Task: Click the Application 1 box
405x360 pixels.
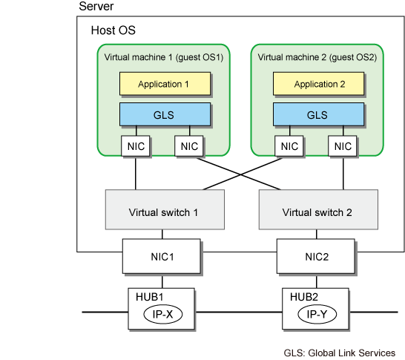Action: (x=165, y=84)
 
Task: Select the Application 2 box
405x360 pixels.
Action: (x=318, y=84)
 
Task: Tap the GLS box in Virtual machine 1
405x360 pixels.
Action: (x=165, y=114)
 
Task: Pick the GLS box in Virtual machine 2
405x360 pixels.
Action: (x=318, y=114)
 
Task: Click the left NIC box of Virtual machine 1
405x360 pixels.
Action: (x=136, y=146)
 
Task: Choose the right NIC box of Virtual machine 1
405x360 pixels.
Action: (x=189, y=146)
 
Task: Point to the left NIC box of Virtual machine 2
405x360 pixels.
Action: (x=289, y=146)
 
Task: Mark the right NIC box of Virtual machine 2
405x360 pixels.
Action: (x=343, y=146)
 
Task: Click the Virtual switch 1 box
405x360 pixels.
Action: (x=165, y=209)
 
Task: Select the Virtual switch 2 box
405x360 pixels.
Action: (x=318, y=209)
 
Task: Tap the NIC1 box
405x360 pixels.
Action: (x=162, y=256)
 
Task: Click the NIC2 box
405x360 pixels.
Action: (x=316, y=256)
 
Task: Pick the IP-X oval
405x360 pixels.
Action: (x=163, y=314)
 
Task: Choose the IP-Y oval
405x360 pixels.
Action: (x=317, y=314)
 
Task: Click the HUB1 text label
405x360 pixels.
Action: (x=150, y=297)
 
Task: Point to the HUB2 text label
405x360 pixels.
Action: (x=304, y=297)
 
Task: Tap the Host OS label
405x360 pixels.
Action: (x=113, y=30)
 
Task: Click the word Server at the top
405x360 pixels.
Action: (x=96, y=6)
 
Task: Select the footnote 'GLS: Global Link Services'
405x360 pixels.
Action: (x=340, y=353)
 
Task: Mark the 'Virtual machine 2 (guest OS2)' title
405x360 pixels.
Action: (x=317, y=57)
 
